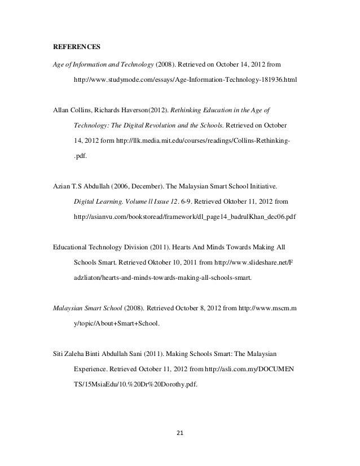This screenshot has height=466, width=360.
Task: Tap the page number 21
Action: (x=180, y=434)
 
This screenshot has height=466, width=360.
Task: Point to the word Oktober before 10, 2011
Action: (x=157, y=263)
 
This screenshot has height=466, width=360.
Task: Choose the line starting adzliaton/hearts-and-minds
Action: (x=164, y=278)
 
